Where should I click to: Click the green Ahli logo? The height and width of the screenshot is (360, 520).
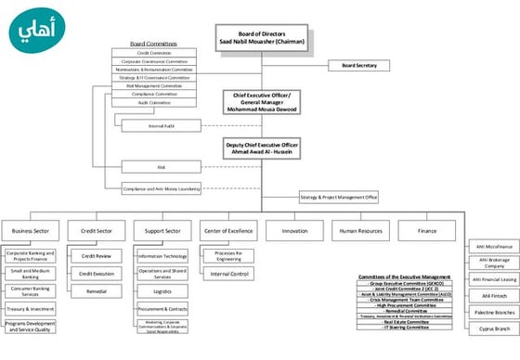[x=43, y=32]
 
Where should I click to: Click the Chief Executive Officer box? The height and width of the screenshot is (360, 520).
[x=262, y=102]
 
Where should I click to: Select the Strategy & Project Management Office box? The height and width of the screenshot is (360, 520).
[x=338, y=197]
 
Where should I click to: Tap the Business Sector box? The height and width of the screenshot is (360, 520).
[x=30, y=229]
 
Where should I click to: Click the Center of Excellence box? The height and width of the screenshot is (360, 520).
[x=227, y=229]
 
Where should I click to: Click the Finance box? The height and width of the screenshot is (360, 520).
[x=426, y=229]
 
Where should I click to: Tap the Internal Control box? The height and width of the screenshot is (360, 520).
[x=227, y=274]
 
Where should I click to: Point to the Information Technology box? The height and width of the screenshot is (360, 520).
[x=162, y=256]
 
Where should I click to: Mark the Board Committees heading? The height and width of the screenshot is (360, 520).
[x=153, y=44]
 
